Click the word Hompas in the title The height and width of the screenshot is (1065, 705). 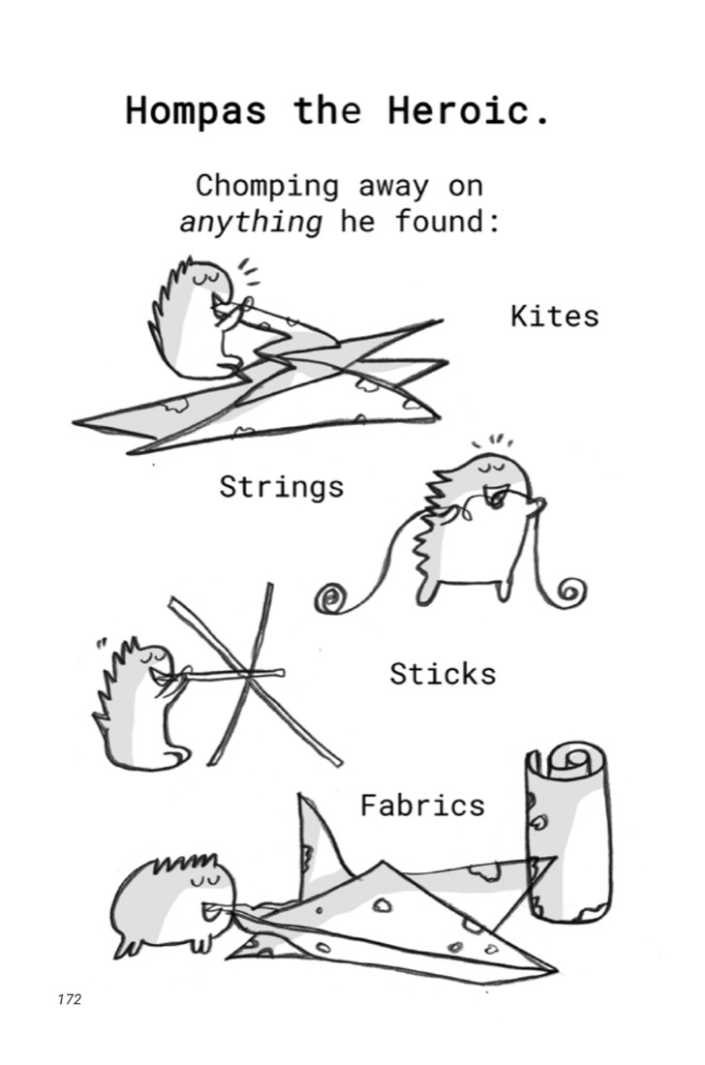(196, 110)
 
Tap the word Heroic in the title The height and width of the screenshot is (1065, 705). (458, 109)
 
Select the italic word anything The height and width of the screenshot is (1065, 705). (251, 222)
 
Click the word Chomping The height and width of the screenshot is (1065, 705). (267, 186)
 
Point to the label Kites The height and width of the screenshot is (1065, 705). (555, 316)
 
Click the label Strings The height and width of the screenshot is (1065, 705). (281, 488)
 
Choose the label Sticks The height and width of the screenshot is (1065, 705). (443, 674)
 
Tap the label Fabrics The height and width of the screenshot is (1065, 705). (422, 806)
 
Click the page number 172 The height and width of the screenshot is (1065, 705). (70, 999)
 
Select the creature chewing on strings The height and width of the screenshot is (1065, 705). (479, 528)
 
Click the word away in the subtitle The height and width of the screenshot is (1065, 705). (394, 187)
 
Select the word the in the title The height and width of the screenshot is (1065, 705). (327, 110)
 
